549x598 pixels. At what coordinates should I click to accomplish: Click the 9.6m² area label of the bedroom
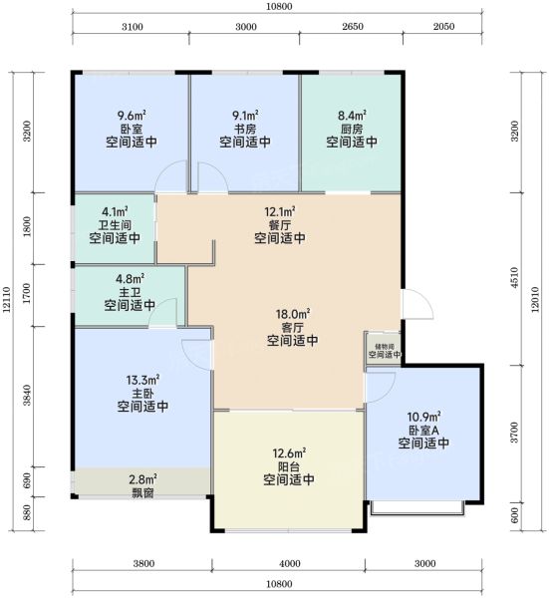pyautogui.click(x=132, y=115)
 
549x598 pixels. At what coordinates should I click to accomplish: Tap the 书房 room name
pyautogui.click(x=245, y=129)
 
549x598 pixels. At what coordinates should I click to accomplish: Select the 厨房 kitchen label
pyautogui.click(x=352, y=129)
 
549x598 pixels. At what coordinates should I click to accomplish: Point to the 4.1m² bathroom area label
pyautogui.click(x=115, y=211)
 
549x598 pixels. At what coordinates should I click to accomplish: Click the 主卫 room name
pyautogui.click(x=130, y=292)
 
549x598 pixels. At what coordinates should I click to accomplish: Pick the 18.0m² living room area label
pyautogui.click(x=293, y=314)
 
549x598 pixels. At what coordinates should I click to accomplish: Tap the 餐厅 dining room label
pyautogui.click(x=280, y=224)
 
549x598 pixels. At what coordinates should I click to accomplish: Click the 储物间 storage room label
pyautogui.click(x=385, y=347)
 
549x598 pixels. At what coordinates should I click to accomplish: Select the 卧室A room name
pyautogui.click(x=423, y=431)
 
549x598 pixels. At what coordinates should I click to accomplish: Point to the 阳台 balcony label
pyautogui.click(x=289, y=466)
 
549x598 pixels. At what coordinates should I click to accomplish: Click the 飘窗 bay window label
pyautogui.click(x=142, y=492)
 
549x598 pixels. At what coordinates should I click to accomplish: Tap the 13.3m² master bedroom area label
pyautogui.click(x=142, y=380)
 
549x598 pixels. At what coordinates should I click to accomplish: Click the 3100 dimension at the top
pyautogui.click(x=133, y=27)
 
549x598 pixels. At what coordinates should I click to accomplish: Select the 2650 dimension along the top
pyautogui.click(x=353, y=27)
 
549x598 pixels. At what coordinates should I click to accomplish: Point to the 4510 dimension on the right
pyautogui.click(x=514, y=278)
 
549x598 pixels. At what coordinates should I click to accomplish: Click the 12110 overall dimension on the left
pyautogui.click(x=7, y=300)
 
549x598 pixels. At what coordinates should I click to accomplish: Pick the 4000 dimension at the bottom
pyautogui.click(x=290, y=564)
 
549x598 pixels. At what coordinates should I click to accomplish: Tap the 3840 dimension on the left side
pyautogui.click(x=26, y=395)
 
